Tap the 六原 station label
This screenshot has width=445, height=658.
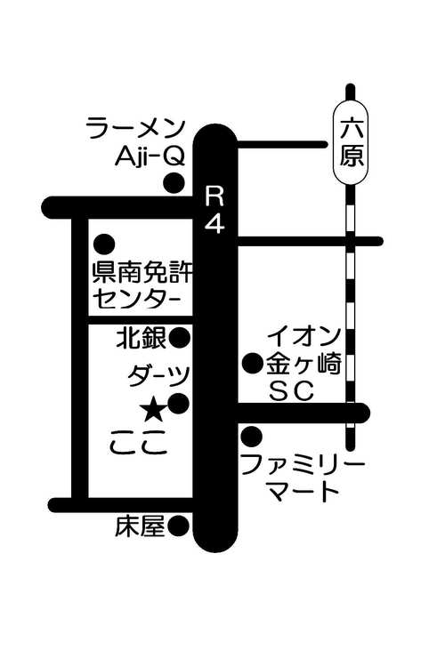(352, 142)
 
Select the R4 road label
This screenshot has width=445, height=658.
(214, 210)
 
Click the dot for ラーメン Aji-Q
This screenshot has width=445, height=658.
(174, 182)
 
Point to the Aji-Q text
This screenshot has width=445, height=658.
(150, 157)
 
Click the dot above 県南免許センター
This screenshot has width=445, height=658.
(104, 244)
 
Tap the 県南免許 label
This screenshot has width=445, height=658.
(142, 273)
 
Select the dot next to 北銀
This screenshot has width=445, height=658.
(180, 337)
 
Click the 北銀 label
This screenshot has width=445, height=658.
(142, 337)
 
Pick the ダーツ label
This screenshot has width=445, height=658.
(159, 375)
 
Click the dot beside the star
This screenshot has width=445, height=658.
(179, 404)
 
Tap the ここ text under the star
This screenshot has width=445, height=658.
(139, 442)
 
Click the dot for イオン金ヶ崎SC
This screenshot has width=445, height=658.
(254, 364)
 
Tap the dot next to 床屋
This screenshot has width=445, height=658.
(178, 526)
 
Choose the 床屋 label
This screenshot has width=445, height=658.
(140, 526)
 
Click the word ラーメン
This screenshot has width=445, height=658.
(136, 128)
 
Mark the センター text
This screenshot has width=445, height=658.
(137, 299)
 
